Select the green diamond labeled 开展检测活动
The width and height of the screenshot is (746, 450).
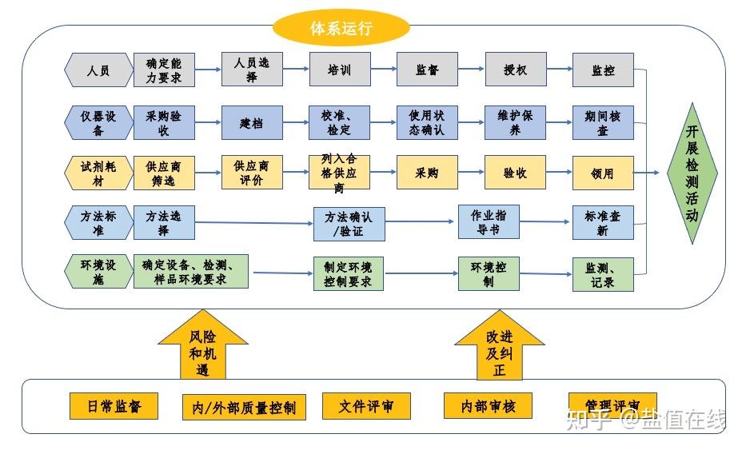pos(692,173)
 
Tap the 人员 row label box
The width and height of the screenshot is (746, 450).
pos(98,70)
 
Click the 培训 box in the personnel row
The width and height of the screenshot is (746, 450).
pos(340,70)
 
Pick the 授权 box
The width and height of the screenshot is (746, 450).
pos(516,70)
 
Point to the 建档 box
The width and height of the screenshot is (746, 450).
pos(252,123)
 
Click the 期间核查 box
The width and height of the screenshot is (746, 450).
pos(604,123)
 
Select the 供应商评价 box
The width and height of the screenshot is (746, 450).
pos(252,173)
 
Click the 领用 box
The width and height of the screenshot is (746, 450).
pos(604,173)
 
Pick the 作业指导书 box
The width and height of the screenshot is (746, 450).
pos(489,222)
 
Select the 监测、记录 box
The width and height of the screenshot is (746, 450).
pos(604,274)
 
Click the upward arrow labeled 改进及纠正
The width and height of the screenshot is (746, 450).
pos(499,350)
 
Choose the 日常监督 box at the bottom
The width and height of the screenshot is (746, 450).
pos(113,405)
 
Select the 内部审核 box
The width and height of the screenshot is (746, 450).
pos(488,405)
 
